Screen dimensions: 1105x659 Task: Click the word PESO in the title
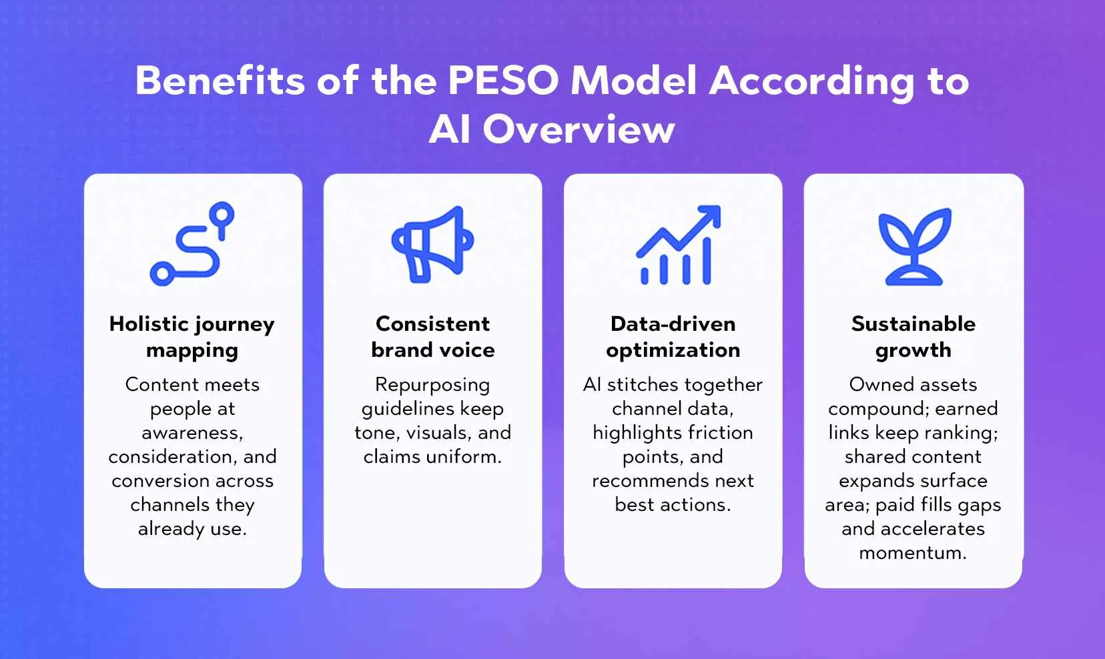pos(503,81)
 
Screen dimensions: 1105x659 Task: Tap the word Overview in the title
pos(578,129)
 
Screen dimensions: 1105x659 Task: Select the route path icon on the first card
pos(192,243)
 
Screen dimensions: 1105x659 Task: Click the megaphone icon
pos(432,244)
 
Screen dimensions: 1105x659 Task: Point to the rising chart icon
pos(679,245)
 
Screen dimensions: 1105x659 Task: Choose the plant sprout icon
pos(915,247)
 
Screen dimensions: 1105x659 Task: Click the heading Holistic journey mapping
pos(192,338)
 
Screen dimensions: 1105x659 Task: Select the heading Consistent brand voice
pos(432,337)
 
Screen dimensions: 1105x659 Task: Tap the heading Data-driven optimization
pos(673,338)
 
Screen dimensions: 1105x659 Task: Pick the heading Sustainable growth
pos(913,338)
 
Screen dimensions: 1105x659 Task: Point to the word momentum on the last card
pos(913,552)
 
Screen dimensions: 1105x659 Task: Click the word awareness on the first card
pos(192,433)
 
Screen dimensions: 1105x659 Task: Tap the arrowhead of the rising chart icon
pos(711,215)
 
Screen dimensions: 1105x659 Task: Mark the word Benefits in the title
pos(220,81)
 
